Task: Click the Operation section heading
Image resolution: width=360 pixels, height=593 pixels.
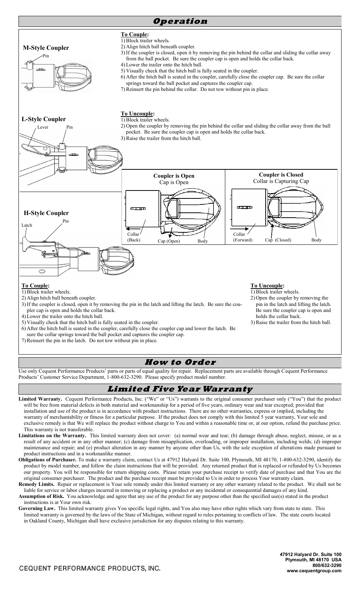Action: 180,22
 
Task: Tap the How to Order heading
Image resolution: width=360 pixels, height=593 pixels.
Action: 180,363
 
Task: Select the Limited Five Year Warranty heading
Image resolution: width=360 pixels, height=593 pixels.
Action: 180,389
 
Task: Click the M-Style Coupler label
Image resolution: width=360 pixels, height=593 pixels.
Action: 46,48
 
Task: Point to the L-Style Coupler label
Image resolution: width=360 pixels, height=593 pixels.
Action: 43,119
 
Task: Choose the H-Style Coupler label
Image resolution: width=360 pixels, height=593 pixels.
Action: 46,213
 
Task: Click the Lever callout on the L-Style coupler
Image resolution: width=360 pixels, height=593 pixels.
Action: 43,127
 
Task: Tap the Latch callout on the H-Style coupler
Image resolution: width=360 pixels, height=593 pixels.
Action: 27,225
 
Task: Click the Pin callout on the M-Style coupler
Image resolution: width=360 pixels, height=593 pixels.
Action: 46,56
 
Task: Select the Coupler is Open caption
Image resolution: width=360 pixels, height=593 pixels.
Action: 174,176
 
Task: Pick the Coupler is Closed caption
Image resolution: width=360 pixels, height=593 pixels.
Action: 281,175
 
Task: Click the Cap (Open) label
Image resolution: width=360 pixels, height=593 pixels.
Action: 168,241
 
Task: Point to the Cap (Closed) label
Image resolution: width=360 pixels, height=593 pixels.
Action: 278,240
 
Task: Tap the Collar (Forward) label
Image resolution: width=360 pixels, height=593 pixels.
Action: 242,237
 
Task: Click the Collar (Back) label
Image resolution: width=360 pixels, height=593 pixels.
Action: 133,237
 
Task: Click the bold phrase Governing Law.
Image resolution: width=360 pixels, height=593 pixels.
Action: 37,508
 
